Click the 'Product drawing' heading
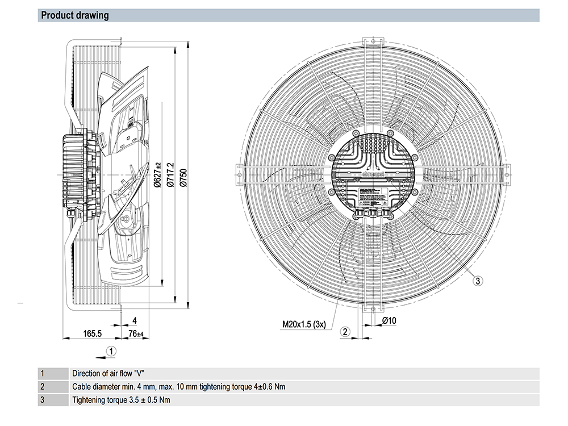[75, 15]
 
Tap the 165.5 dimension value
[91, 333]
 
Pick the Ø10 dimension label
[389, 321]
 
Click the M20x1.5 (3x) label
[304, 325]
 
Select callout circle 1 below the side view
[112, 351]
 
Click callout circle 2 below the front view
[345, 332]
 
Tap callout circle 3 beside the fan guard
[478, 280]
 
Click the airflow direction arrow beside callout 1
[100, 357]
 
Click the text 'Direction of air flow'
[102, 374]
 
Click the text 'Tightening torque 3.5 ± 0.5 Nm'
[121, 400]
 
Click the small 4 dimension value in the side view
[133, 320]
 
